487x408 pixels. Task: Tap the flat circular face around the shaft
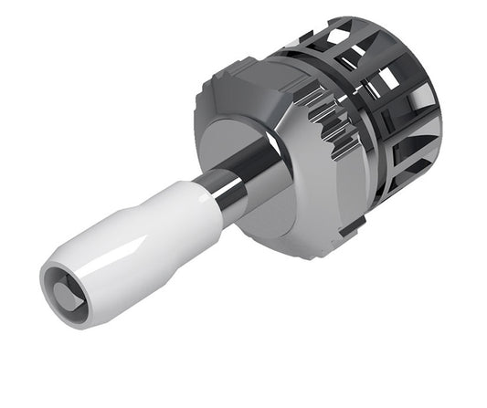click(228, 137)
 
